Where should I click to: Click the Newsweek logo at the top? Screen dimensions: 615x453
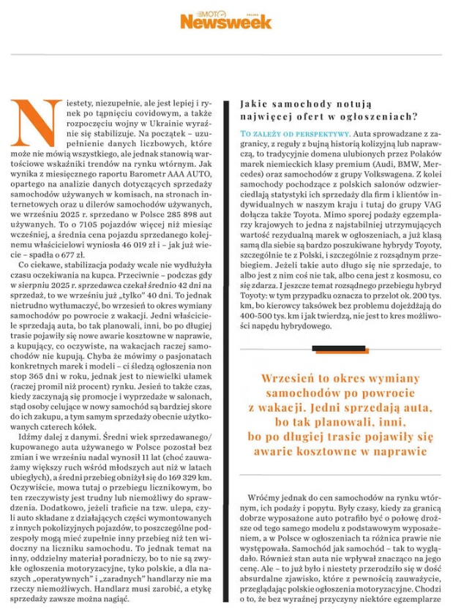point(226,20)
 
